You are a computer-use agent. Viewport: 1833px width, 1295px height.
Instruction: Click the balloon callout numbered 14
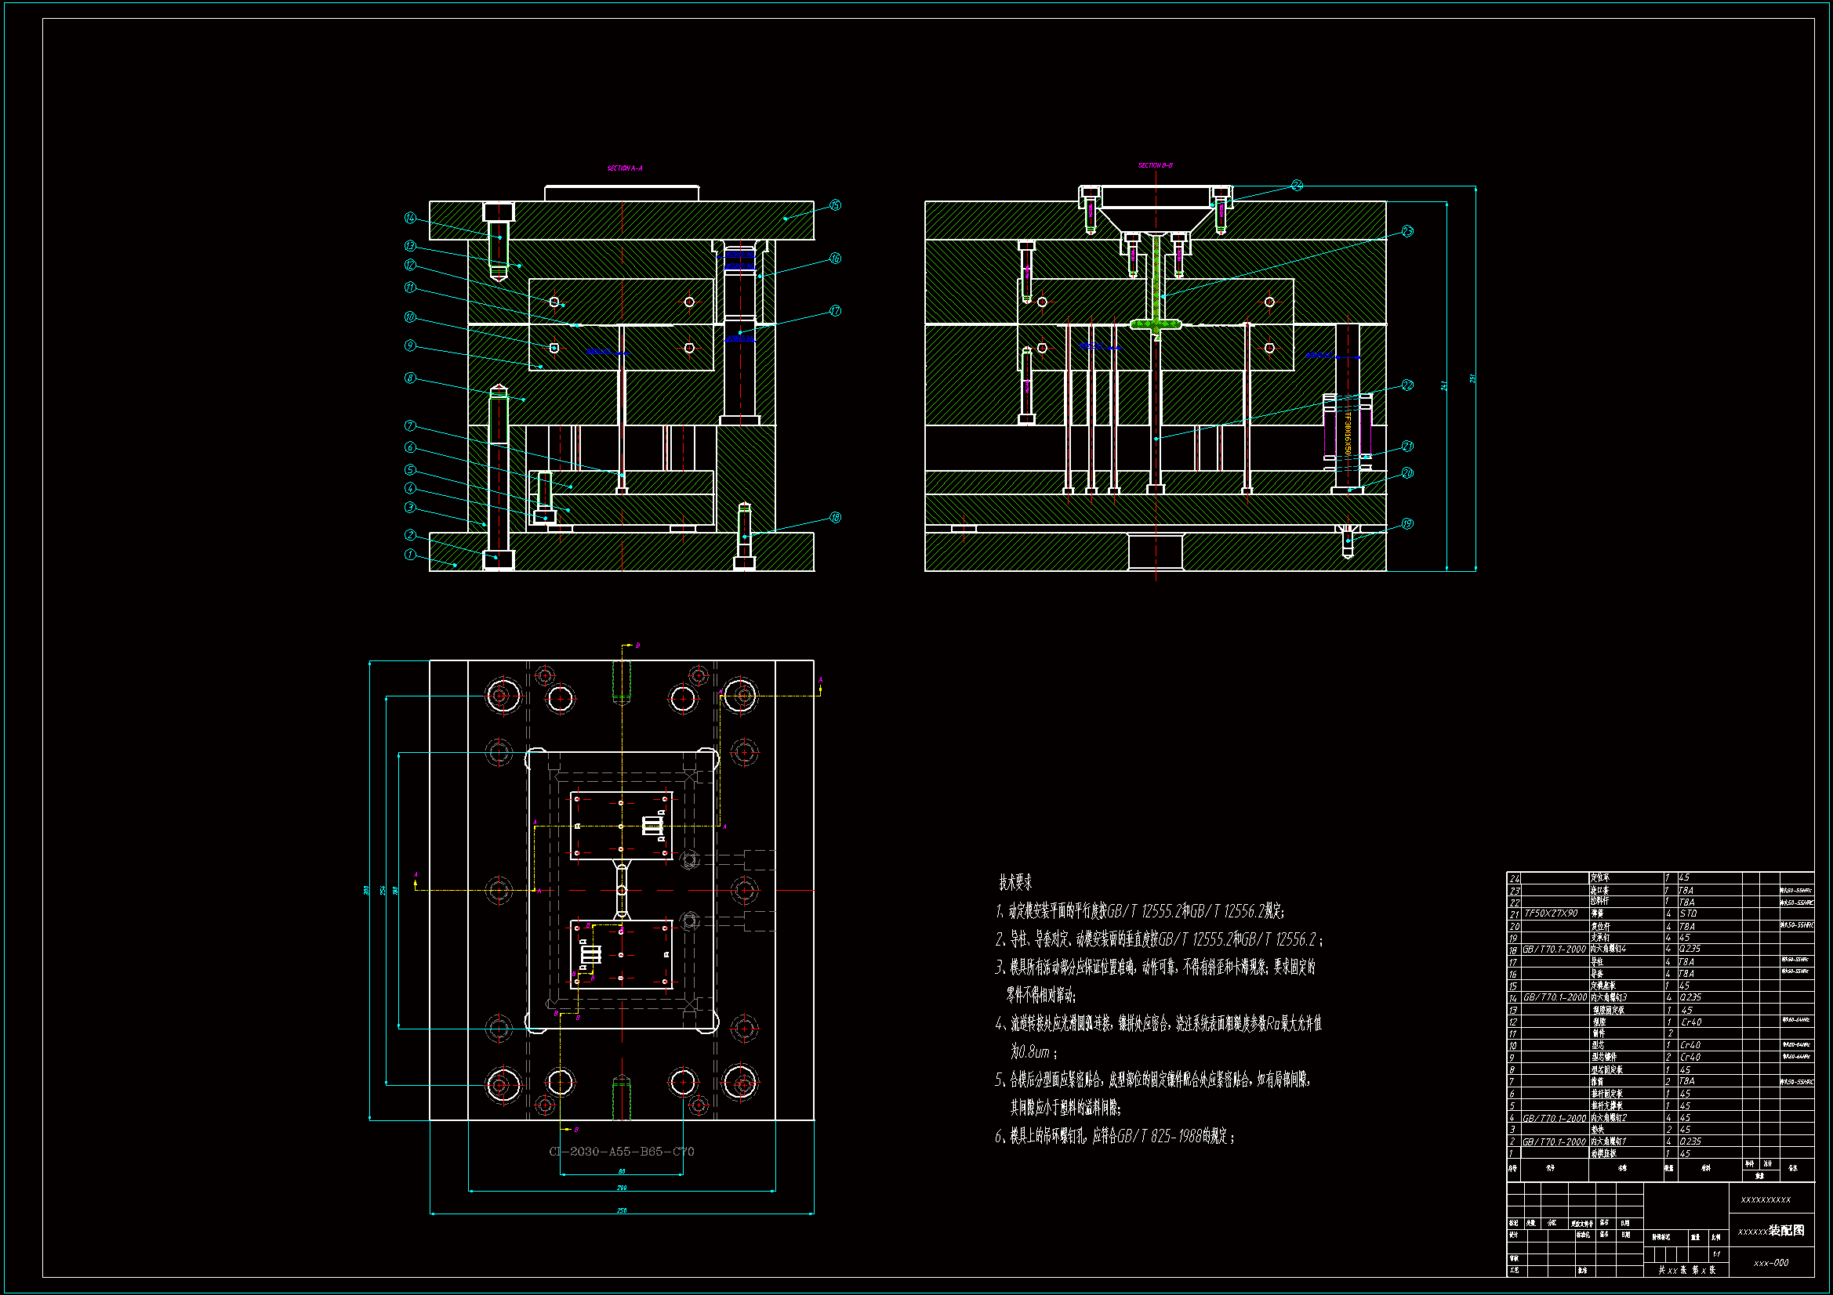[410, 218]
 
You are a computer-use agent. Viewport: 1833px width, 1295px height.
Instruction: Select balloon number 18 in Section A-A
[835, 517]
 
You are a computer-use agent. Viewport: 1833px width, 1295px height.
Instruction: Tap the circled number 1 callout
[410, 555]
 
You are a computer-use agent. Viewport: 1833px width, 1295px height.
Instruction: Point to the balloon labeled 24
[1297, 185]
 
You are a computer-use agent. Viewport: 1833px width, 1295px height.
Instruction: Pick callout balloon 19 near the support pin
[1407, 523]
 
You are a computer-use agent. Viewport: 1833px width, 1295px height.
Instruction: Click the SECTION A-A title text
[624, 168]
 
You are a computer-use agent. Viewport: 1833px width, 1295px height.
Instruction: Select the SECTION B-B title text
[1155, 165]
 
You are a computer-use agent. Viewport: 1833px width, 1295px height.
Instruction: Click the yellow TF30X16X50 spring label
[1348, 434]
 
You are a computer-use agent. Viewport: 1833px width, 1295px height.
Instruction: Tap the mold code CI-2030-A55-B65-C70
[621, 1152]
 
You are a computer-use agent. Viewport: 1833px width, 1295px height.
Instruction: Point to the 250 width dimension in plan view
[622, 1210]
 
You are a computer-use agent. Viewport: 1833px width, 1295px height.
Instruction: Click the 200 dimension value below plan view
[622, 1188]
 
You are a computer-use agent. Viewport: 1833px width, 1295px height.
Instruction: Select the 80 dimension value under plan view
[622, 1171]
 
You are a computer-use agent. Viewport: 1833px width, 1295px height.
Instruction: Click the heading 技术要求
[1015, 882]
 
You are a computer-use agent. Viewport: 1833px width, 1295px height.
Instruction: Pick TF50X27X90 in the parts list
[1551, 913]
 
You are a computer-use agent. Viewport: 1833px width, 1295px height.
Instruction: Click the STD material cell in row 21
[1688, 913]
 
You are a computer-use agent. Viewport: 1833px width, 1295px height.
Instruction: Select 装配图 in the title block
[1786, 1231]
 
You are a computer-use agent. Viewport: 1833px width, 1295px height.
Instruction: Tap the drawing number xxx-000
[1771, 1263]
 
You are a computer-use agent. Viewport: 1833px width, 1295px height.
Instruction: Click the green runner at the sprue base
[1156, 324]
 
